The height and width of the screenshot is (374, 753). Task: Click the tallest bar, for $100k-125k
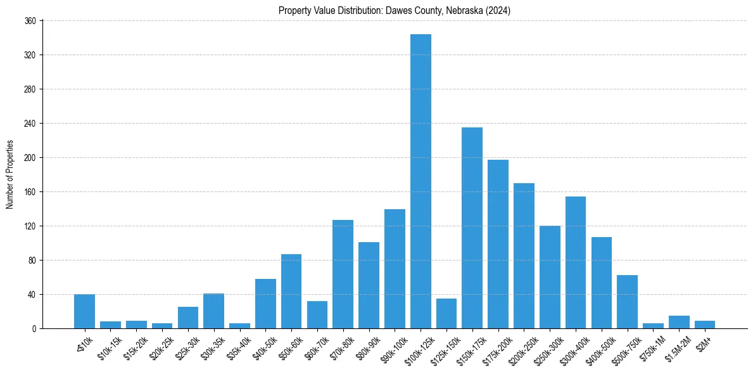(x=421, y=181)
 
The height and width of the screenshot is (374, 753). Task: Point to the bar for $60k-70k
(x=317, y=314)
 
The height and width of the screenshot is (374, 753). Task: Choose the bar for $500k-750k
(x=627, y=302)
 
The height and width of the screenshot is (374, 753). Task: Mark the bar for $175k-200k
(x=498, y=244)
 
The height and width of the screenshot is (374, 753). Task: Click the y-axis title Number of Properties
(x=9, y=174)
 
